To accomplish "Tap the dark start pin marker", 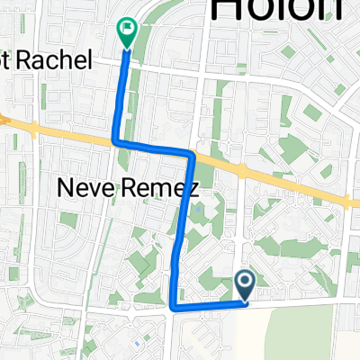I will [x=245, y=284].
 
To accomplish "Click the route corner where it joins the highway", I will [x=114, y=141].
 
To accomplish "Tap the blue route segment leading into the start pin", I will [x=211, y=305].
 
